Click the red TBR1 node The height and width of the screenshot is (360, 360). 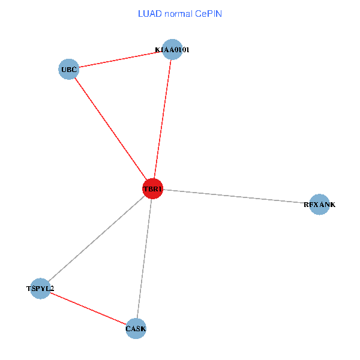(152, 189)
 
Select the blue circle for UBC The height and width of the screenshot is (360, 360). (69, 70)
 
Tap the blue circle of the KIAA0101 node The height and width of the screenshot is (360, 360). (172, 49)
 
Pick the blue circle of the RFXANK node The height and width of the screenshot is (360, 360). (319, 205)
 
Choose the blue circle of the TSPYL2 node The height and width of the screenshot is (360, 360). (40, 289)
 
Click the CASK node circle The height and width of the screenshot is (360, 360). (136, 328)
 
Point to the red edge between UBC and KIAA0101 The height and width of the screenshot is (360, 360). (120, 59)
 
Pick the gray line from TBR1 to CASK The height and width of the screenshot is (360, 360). (144, 259)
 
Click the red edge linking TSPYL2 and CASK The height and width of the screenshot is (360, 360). (88, 308)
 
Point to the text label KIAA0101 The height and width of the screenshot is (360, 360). (172, 50)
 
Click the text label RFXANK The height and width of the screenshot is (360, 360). (320, 205)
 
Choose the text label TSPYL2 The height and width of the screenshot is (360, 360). (40, 289)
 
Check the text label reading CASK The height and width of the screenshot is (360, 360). (136, 329)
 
